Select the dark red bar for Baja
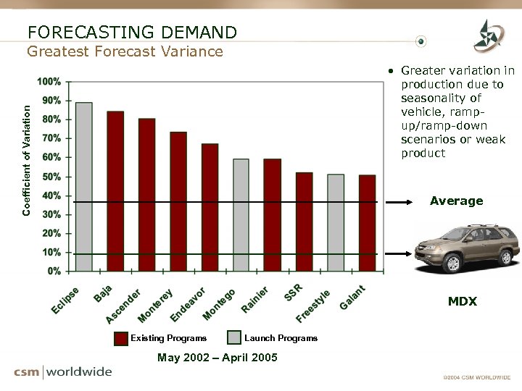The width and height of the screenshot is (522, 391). (x=115, y=191)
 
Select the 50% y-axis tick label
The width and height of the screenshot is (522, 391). (x=51, y=177)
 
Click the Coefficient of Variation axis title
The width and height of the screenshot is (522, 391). (x=27, y=160)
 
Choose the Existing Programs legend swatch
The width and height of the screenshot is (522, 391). (x=121, y=338)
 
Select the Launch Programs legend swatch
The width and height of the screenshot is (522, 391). (x=234, y=338)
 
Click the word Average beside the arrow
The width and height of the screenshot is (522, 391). (x=456, y=201)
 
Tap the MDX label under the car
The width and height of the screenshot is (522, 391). (x=462, y=301)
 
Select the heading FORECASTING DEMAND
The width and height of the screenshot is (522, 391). (x=132, y=33)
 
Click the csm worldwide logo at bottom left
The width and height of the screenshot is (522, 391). (x=63, y=372)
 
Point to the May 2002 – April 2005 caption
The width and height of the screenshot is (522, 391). (x=217, y=357)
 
